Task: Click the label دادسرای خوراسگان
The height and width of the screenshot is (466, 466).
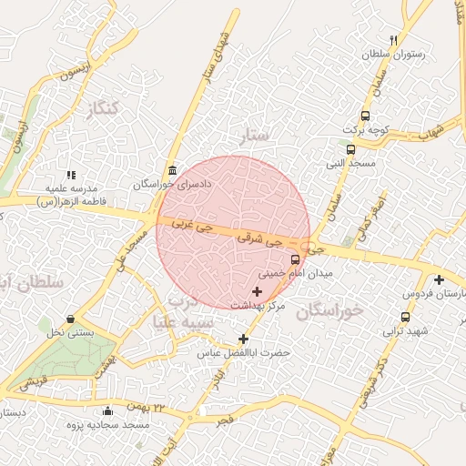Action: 172,184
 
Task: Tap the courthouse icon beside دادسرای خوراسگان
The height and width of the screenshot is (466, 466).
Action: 172,171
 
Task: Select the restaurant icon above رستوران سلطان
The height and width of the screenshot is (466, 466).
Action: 393,40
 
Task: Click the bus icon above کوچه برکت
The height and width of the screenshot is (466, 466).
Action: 365,116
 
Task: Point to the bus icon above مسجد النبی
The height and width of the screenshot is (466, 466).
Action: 350,149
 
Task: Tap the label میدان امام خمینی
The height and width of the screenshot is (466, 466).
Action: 296,272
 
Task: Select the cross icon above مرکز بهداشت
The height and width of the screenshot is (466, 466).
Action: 256,291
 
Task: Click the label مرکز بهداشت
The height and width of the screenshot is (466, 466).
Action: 258,306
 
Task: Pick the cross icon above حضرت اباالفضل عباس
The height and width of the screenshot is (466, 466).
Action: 243,339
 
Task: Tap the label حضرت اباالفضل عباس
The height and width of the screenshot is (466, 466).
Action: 245,351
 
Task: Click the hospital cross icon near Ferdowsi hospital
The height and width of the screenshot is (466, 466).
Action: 439,280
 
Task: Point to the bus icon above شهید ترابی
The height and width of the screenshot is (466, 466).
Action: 405,317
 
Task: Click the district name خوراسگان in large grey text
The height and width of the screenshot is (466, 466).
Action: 329,309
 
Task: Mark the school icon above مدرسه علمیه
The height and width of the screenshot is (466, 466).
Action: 71,175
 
